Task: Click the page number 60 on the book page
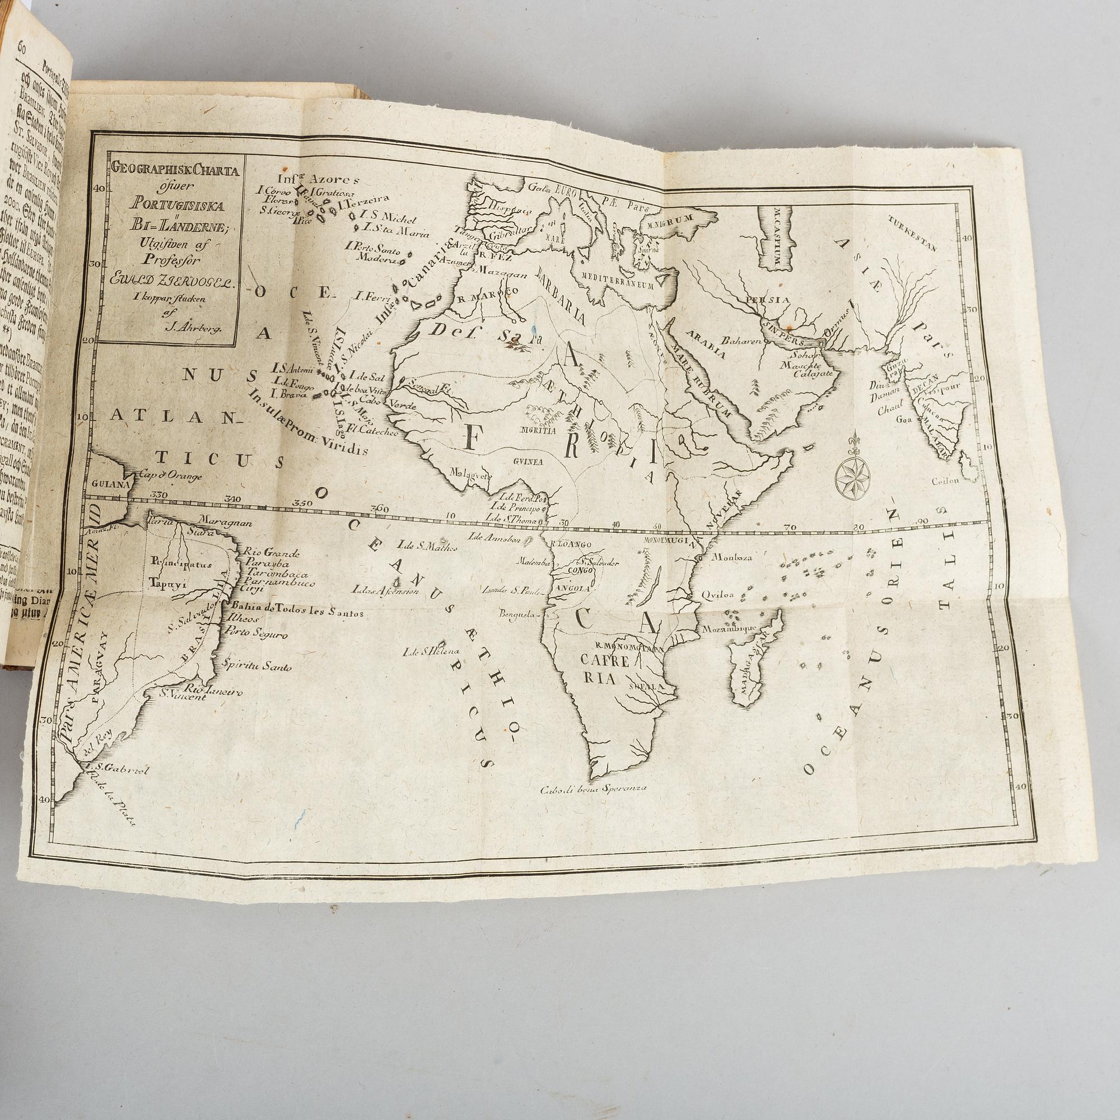point(23,48)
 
